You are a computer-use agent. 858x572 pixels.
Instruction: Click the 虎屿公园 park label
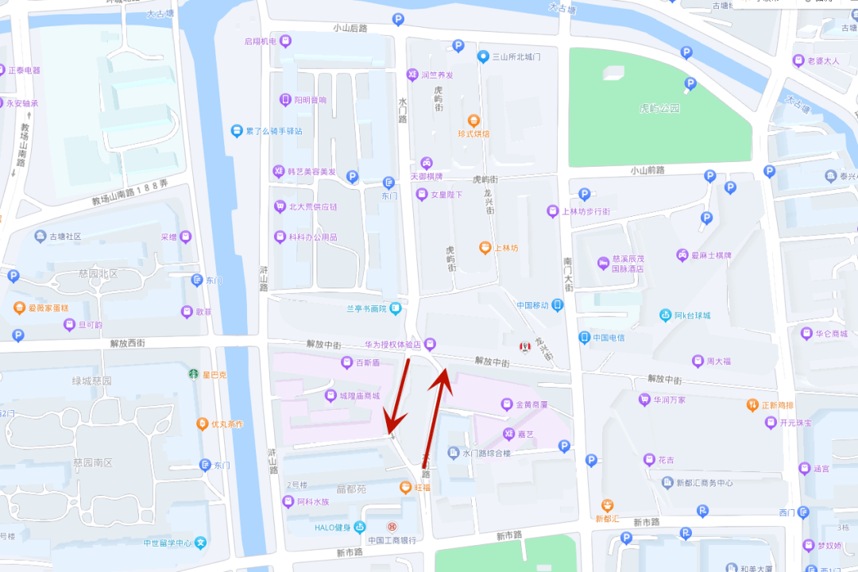click(x=660, y=108)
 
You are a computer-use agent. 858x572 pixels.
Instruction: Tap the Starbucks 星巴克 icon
click(x=193, y=373)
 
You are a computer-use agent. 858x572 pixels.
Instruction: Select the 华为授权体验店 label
click(x=392, y=345)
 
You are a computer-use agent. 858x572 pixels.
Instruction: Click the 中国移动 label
click(x=532, y=305)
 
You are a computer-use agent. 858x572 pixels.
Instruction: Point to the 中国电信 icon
click(x=585, y=337)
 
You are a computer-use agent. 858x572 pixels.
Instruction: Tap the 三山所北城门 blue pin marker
click(x=482, y=56)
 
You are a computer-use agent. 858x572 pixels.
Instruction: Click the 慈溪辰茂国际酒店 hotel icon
click(x=602, y=263)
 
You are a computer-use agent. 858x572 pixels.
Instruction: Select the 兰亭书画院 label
click(x=366, y=308)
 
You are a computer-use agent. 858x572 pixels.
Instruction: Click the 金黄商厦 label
click(x=531, y=404)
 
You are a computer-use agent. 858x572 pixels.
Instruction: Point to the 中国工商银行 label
click(x=392, y=540)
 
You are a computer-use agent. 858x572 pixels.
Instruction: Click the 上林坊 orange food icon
click(x=485, y=248)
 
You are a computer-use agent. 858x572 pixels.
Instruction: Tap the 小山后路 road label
click(x=350, y=28)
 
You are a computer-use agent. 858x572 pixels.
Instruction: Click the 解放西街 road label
click(x=127, y=343)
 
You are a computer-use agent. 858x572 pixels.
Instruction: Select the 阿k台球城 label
click(x=692, y=315)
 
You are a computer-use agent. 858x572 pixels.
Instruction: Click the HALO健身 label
click(x=332, y=528)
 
